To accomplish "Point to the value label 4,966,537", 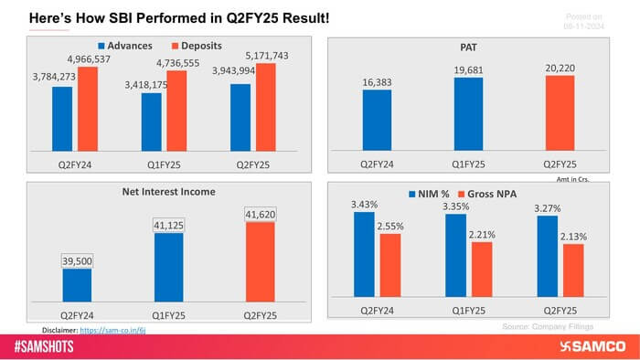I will click(101, 58).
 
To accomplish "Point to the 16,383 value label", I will click(377, 81).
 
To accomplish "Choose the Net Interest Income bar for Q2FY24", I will click(77, 284).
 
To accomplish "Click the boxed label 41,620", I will click(260, 214).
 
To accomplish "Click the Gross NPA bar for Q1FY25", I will click(482, 270).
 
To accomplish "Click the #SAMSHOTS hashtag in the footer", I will click(47, 348).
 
